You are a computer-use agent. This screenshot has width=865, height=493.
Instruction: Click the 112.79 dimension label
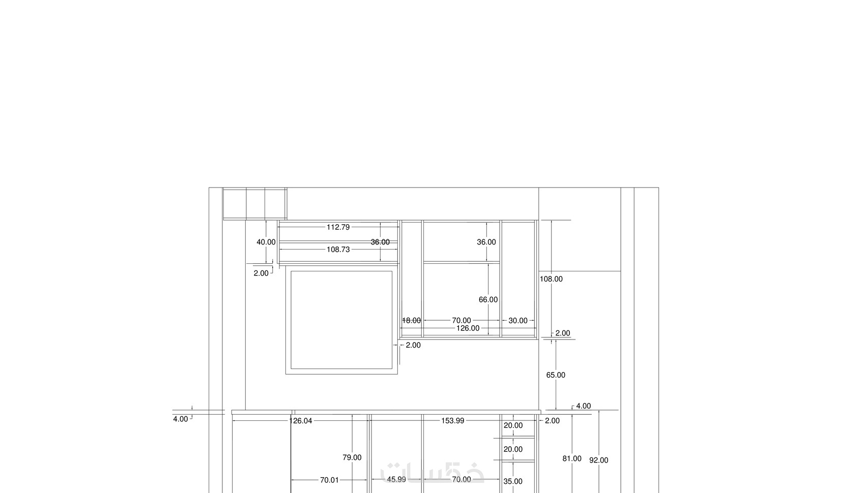click(x=338, y=227)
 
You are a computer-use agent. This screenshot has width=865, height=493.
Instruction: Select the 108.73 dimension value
click(x=338, y=250)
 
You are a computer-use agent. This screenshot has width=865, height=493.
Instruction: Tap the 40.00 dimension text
click(x=266, y=242)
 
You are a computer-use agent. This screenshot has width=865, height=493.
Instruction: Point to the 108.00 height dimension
click(x=551, y=279)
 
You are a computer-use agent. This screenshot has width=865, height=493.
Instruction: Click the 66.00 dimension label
click(x=488, y=300)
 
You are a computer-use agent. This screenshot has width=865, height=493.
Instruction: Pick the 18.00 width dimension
click(x=411, y=321)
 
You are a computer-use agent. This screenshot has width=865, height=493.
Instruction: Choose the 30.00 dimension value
click(x=518, y=321)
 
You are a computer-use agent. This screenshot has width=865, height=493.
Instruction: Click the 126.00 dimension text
click(x=468, y=328)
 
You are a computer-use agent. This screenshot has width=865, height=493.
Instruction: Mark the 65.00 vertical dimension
click(x=556, y=375)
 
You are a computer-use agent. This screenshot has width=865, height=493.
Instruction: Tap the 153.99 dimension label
click(x=452, y=421)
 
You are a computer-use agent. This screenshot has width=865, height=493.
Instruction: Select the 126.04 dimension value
click(x=300, y=421)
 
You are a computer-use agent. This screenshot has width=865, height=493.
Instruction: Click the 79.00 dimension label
click(x=352, y=457)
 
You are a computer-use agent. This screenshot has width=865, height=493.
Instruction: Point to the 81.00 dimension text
click(x=572, y=458)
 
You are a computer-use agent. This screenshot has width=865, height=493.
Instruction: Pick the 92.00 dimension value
click(x=598, y=460)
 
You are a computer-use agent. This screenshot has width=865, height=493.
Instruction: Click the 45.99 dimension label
click(x=396, y=479)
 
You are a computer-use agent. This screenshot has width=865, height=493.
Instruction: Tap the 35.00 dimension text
click(x=513, y=481)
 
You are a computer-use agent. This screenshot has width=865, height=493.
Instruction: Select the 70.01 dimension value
click(x=329, y=480)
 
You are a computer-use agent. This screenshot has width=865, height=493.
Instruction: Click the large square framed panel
click(x=286, y=320)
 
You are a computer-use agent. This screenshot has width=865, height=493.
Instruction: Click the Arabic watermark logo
click(x=432, y=473)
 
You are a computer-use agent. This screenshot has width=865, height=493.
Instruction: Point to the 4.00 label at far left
click(x=180, y=419)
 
